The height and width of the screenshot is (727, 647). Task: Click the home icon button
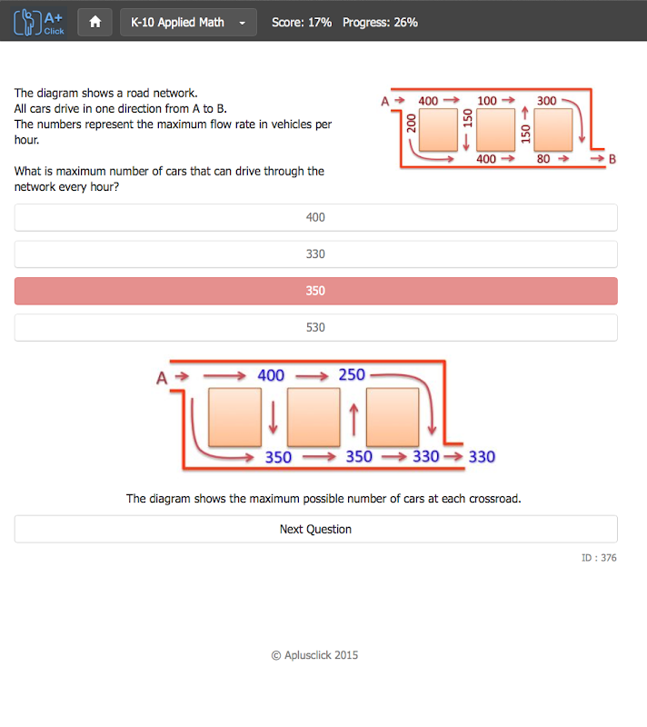pyautogui.click(x=95, y=22)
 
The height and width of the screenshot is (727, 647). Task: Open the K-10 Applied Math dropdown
pyautogui.click(x=188, y=22)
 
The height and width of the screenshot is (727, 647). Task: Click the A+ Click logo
pyautogui.click(x=39, y=22)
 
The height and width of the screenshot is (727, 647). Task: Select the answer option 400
pyautogui.click(x=315, y=217)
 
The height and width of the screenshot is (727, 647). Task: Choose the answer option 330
pyautogui.click(x=315, y=254)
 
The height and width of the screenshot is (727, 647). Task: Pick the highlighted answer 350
pyautogui.click(x=315, y=291)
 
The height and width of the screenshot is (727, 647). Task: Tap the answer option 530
pyautogui.click(x=315, y=327)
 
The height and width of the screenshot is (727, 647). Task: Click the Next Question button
pyautogui.click(x=315, y=529)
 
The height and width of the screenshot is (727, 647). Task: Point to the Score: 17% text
pyautogui.click(x=302, y=22)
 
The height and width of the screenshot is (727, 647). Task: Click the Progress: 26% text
pyautogui.click(x=380, y=22)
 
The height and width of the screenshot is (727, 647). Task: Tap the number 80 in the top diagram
pyautogui.click(x=543, y=159)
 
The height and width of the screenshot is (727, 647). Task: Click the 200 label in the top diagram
pyautogui.click(x=411, y=124)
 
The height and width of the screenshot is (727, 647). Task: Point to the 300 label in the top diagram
pyautogui.click(x=546, y=101)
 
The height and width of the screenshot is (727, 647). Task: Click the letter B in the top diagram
pyautogui.click(x=612, y=159)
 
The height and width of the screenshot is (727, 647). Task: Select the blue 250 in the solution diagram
pyautogui.click(x=352, y=374)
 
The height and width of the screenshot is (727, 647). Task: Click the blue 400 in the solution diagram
pyautogui.click(x=271, y=375)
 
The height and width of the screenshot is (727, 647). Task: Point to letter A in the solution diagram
pyautogui.click(x=162, y=378)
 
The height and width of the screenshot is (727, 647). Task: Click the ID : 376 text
pyautogui.click(x=599, y=558)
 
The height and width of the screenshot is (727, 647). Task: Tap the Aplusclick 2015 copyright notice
pyautogui.click(x=314, y=655)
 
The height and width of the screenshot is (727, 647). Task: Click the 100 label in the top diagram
pyautogui.click(x=487, y=101)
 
